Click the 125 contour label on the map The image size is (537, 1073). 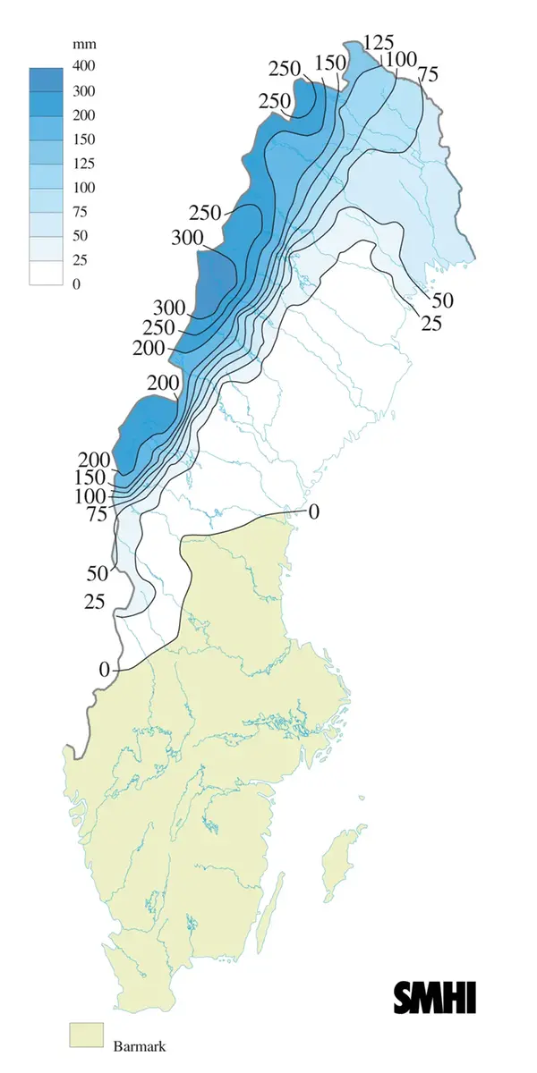tap(378, 43)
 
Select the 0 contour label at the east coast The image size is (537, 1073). tap(313, 511)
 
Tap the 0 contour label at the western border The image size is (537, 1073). tap(104, 669)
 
